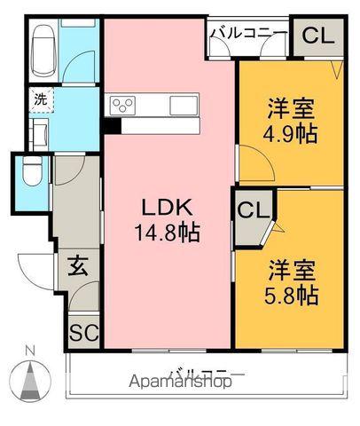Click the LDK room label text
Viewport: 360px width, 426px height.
click(169, 209)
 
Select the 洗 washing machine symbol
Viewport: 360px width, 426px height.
click(41, 99)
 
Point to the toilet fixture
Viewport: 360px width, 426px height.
click(29, 173)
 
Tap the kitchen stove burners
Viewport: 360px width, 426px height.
click(122, 106)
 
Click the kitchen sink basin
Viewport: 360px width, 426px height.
click(184, 106)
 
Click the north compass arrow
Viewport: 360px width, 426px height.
click(32, 382)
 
